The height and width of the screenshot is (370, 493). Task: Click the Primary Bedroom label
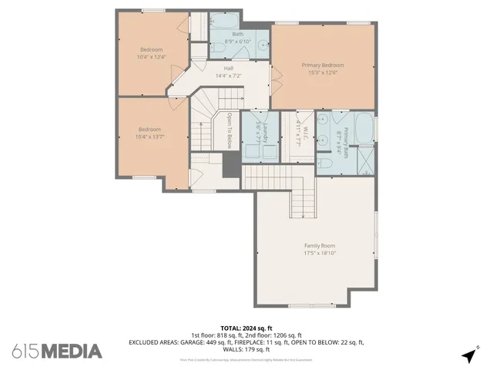click(x=322, y=66)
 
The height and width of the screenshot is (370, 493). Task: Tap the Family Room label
click(x=319, y=246)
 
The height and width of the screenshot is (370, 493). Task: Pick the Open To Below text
click(x=230, y=130)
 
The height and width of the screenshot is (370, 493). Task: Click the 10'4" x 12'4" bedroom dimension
click(x=150, y=56)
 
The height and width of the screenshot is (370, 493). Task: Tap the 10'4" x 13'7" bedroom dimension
click(x=150, y=136)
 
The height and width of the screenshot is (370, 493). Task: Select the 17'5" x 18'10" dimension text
click(x=319, y=254)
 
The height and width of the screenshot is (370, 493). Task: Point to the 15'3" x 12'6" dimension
click(x=322, y=73)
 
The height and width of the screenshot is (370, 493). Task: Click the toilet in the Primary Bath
click(x=327, y=163)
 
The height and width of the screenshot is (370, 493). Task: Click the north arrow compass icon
click(x=468, y=355)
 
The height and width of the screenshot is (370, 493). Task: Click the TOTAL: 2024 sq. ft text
click(x=246, y=327)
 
